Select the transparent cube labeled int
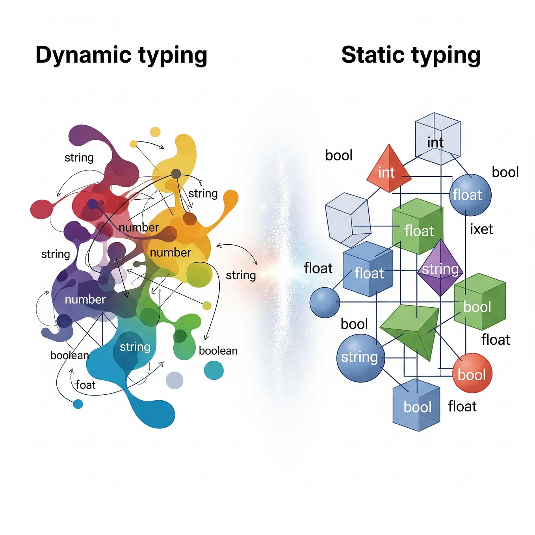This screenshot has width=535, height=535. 437,138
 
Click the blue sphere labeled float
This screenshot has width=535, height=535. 470,195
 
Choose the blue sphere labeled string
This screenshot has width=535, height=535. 360,358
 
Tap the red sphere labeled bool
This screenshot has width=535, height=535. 472,373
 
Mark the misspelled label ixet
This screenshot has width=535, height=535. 481,229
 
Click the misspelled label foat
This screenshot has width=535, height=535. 85,385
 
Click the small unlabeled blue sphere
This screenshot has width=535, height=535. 324,303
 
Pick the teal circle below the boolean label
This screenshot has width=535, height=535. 214,370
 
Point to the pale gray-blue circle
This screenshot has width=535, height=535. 175,380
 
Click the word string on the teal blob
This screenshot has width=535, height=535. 135,347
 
